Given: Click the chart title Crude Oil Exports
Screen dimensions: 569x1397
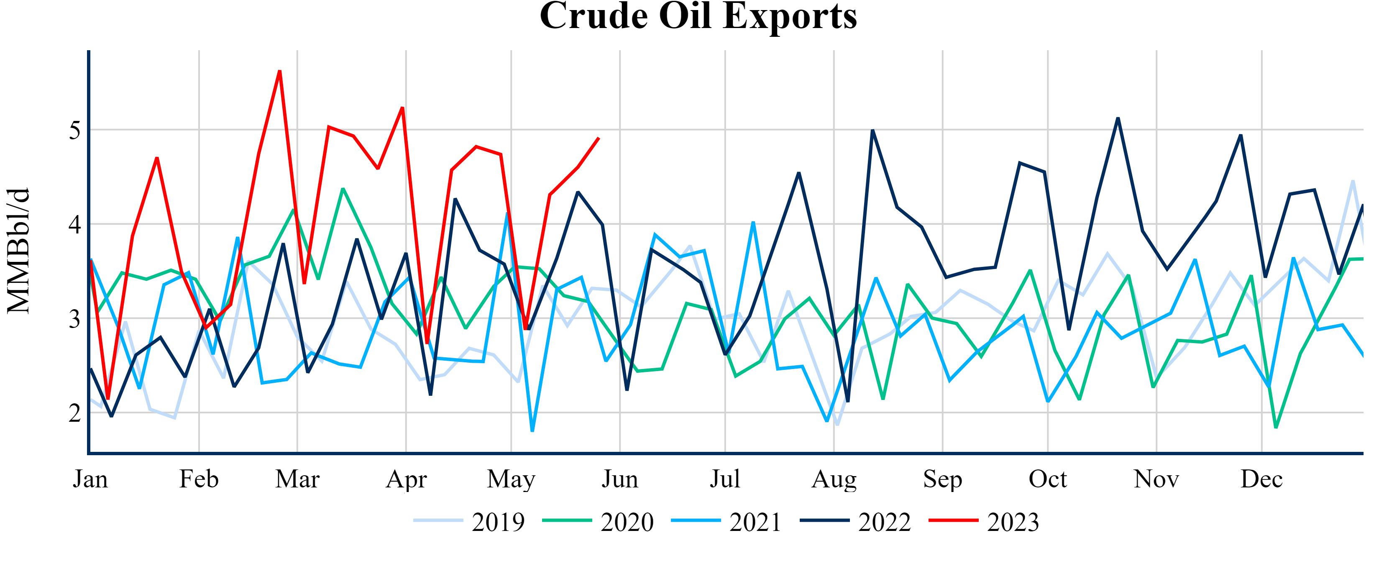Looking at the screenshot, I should (x=698, y=16).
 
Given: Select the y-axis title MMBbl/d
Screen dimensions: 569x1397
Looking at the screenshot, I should (x=18, y=251).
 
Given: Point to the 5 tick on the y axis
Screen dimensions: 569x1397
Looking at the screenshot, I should (x=75, y=130).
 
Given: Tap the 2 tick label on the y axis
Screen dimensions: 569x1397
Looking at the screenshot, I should (x=75, y=413).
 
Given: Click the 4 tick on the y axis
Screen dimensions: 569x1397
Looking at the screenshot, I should (x=75, y=224).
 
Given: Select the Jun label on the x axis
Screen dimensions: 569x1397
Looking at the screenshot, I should (x=619, y=479).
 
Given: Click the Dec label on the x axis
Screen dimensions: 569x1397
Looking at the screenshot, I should (x=1261, y=479).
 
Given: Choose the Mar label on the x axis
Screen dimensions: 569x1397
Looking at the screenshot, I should (x=297, y=479).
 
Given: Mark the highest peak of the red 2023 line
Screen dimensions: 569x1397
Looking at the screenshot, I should (x=279, y=71).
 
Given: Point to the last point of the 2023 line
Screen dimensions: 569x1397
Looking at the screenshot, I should (x=598, y=138).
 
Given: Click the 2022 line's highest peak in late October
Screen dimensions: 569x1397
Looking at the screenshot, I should (x=1118, y=118).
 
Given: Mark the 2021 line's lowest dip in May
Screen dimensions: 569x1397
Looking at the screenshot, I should (x=532, y=431).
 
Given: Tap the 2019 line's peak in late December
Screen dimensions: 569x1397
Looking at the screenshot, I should (x=1353, y=181).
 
